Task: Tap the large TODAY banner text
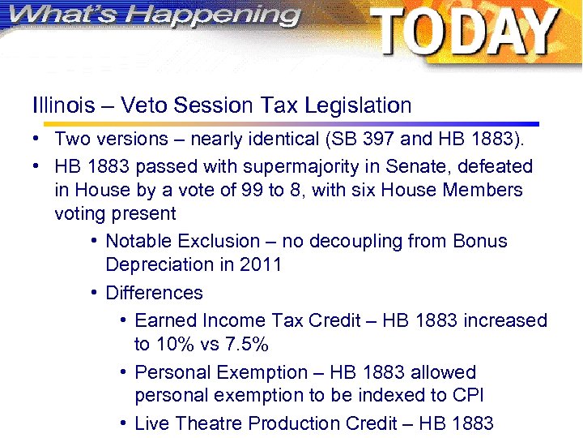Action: [x=464, y=32]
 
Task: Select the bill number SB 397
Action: [x=364, y=139]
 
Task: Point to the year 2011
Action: [x=260, y=265]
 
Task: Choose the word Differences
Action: [x=154, y=293]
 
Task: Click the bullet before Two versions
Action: [x=38, y=139]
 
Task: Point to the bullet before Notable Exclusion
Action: [x=95, y=242]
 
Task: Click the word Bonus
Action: [x=480, y=242]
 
